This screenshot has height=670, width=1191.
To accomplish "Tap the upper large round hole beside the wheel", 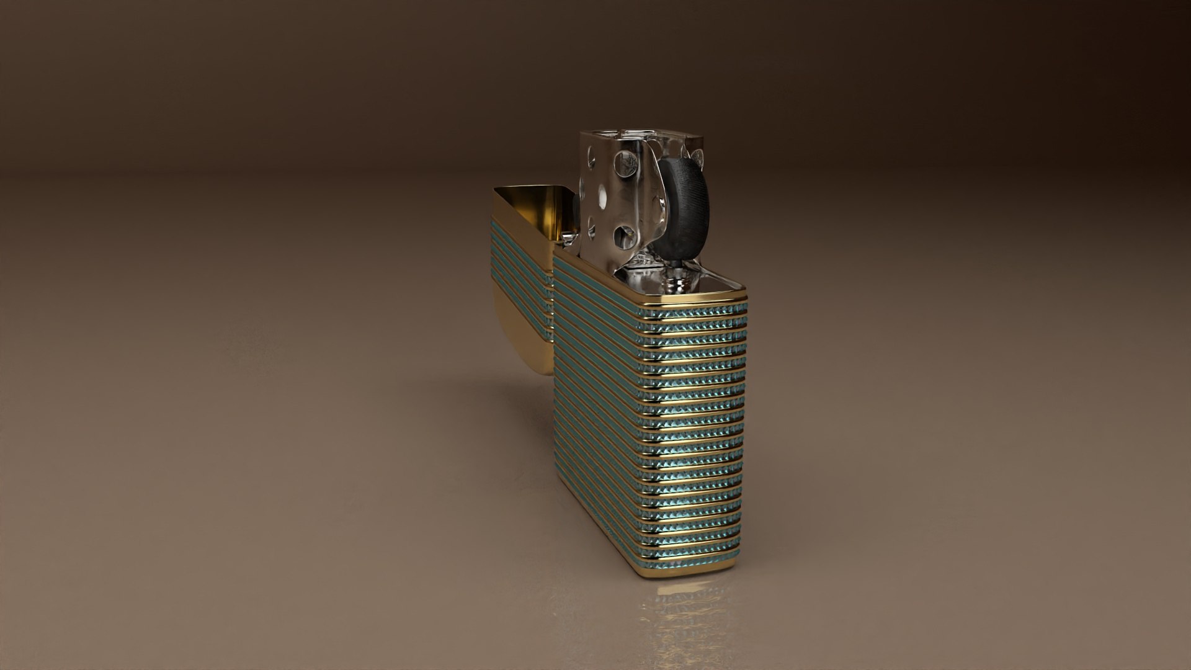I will click(x=625, y=164).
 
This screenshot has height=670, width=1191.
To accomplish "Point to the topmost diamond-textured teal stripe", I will click(x=695, y=314).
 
